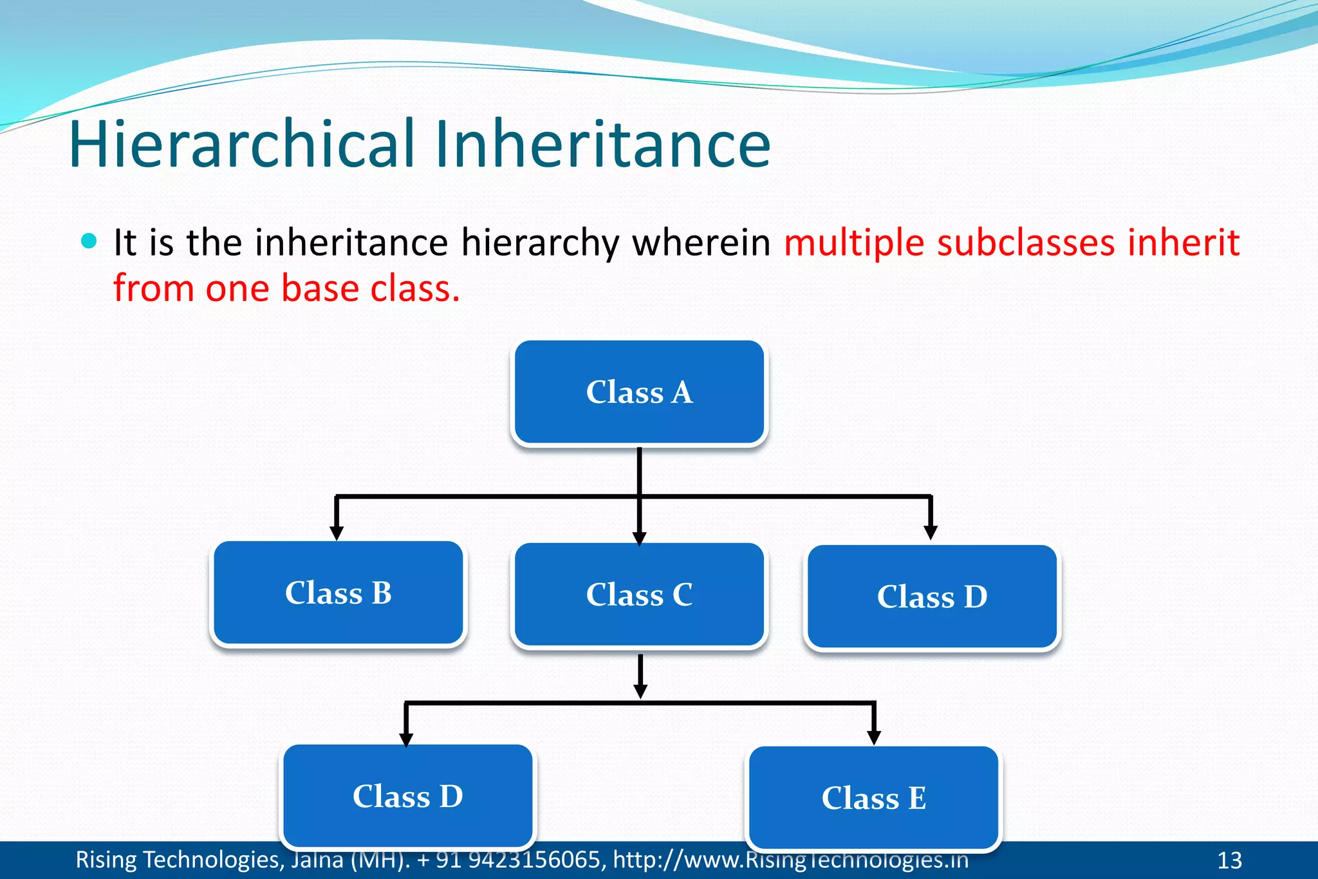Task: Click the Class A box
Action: point(639,393)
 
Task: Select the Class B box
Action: point(339,593)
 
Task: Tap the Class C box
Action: point(639,595)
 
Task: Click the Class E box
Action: point(873,798)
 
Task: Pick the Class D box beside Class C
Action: point(932,597)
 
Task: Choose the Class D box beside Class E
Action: point(407,796)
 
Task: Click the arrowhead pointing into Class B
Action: point(336,533)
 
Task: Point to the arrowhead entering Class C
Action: point(639,538)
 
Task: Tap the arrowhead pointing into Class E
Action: point(873,737)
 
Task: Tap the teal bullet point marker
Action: point(89,242)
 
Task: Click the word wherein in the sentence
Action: point(701,243)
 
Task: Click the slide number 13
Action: point(1229,860)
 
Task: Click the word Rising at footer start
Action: point(106,860)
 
